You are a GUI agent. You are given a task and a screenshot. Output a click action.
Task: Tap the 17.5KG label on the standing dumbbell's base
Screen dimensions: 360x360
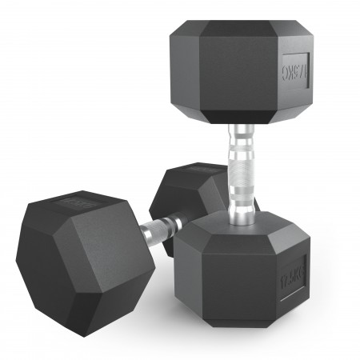(294, 276)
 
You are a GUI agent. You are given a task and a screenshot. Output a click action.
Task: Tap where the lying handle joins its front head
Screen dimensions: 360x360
(144, 233)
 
